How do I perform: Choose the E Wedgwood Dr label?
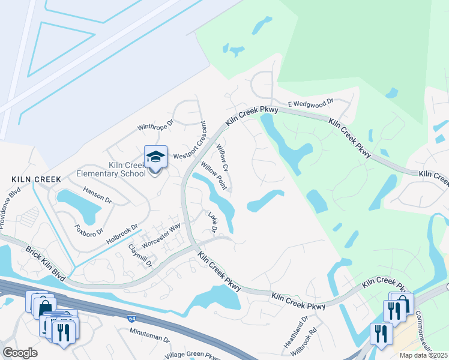pos(310,104)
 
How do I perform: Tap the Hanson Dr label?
pos(97,195)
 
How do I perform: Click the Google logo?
pos(20,353)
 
